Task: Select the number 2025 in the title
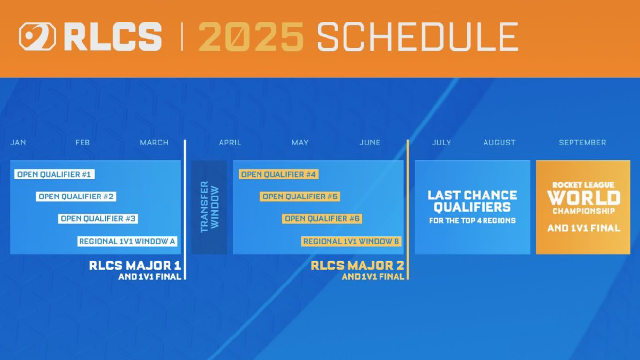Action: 251,37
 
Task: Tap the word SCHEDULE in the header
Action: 417,37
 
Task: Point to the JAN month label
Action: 18,142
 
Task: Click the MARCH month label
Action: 154,142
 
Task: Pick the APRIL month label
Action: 230,142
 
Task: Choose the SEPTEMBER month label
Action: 582,142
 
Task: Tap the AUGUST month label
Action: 499,142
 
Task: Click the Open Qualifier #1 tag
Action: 54,174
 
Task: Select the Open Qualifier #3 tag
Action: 99,219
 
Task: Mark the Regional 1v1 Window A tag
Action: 127,242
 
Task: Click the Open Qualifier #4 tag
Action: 278,174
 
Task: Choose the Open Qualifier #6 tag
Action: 323,219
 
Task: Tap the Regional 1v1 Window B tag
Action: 351,242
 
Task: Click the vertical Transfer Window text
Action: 209,207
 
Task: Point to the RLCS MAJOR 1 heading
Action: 135,265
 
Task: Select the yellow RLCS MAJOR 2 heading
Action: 357,265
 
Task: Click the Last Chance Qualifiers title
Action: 473,201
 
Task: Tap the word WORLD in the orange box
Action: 583,198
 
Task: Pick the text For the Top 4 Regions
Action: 473,220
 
